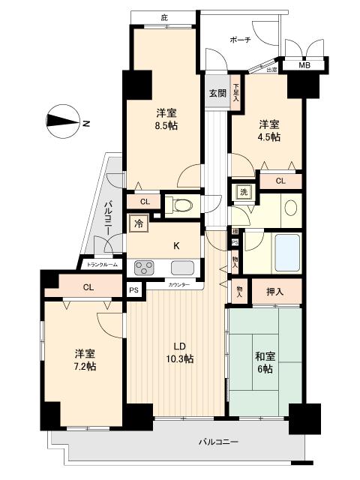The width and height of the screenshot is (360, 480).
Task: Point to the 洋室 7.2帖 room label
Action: [84, 359]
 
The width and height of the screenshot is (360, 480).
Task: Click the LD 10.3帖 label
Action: [179, 352]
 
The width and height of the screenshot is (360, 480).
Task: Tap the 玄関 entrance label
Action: [217, 94]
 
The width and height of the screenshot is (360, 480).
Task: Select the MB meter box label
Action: [304, 66]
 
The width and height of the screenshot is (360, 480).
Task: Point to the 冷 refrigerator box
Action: [139, 222]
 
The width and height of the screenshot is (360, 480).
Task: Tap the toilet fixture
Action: [180, 203]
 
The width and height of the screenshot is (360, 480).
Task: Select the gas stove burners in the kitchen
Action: [145, 267]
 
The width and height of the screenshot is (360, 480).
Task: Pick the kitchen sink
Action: [183, 267]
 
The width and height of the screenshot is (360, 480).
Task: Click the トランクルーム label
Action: [102, 264]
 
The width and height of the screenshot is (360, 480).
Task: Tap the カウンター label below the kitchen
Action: [178, 286]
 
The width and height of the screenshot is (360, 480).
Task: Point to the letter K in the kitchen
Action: [177, 245]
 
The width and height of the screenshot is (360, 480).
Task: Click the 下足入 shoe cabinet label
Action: [235, 91]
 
